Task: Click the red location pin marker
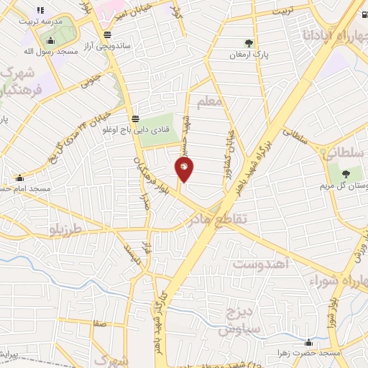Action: pos(184,170)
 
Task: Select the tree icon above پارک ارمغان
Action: pos(249,43)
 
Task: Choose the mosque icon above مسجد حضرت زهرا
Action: pos(308,341)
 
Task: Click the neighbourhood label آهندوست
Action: pos(261,264)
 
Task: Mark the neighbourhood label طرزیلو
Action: pos(64,229)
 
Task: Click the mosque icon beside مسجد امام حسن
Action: pos(19,177)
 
